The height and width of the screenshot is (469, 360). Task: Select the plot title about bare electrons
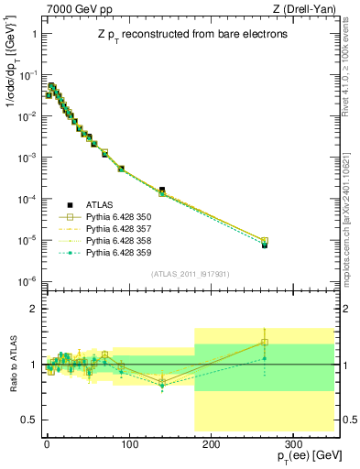189,35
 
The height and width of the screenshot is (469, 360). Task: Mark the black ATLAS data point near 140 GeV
161,190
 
